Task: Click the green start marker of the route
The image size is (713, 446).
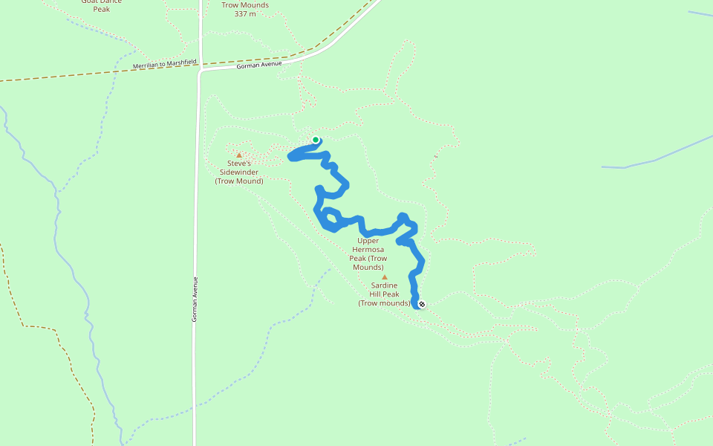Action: [316, 140]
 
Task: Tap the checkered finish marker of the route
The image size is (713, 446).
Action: [422, 304]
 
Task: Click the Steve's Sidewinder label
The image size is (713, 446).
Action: [239, 172]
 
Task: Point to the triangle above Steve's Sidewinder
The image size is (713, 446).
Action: [239, 155]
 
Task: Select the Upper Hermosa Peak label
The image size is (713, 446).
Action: [368, 253]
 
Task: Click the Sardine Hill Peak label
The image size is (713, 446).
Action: [384, 294]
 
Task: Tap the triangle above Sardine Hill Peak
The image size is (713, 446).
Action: [385, 277]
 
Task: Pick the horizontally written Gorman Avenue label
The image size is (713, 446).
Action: [259, 66]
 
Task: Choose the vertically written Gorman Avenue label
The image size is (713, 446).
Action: [195, 299]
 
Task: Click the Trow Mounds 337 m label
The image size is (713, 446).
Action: [245, 9]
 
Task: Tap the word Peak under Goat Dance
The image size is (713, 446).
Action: [101, 10]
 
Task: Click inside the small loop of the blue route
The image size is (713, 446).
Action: [331, 220]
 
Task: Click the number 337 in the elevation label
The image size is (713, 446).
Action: [240, 14]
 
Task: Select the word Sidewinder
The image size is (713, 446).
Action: [239, 172]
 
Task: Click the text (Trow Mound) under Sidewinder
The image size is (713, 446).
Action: [239, 181]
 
